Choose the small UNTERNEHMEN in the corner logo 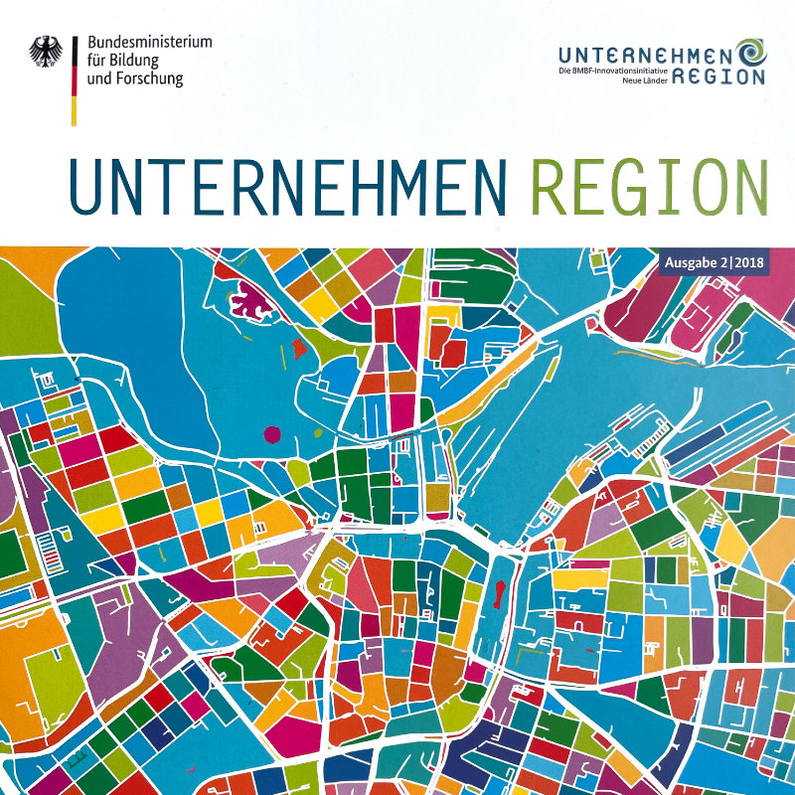(645, 54)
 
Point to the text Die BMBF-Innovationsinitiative (610, 74)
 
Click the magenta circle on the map (271, 433)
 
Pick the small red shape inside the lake (282, 351)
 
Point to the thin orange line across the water (636, 351)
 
